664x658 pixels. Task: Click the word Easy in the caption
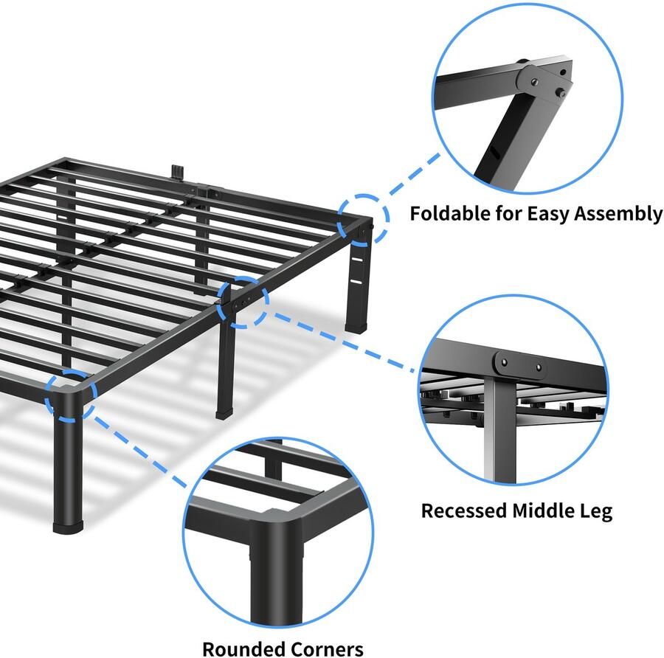coord(548,215)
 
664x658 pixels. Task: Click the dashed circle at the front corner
coord(70,395)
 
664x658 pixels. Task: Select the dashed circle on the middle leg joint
coord(243,300)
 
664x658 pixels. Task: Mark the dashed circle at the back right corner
coord(364,218)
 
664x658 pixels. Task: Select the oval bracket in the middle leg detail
coord(521,364)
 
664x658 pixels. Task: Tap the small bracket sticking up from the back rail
coord(178,170)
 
